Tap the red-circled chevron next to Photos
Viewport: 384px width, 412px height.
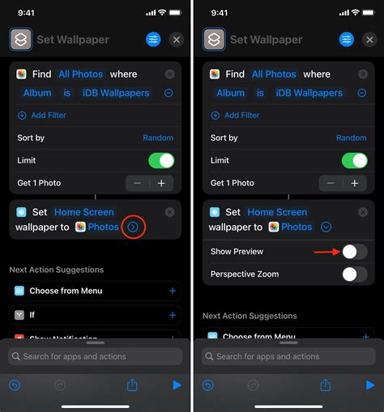coord(134,227)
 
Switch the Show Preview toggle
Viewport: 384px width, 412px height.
coord(354,252)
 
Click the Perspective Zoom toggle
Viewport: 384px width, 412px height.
coord(354,274)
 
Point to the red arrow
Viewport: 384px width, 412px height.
coord(326,252)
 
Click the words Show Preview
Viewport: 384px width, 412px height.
coord(237,252)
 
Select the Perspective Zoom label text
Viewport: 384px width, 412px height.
coord(245,274)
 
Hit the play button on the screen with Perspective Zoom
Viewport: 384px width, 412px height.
coord(370,385)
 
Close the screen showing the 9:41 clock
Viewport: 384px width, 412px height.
coord(177,40)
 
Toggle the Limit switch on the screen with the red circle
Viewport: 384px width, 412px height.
coord(161,160)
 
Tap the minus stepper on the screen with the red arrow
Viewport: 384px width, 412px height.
coord(331,183)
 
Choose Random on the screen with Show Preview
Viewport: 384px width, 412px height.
coord(351,138)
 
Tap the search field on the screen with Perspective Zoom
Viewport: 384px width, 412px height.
coord(288,356)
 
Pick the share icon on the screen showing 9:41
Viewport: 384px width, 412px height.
coord(132,385)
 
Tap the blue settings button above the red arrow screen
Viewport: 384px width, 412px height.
coord(347,40)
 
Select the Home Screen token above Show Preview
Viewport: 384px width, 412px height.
coord(278,212)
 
